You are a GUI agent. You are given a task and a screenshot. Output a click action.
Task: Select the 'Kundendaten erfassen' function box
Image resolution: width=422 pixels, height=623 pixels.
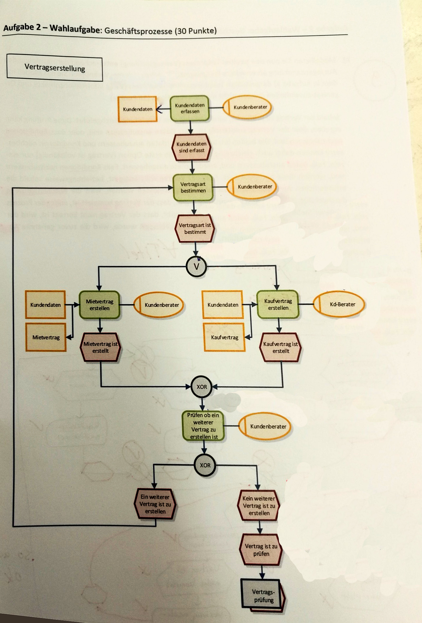pos(190,108)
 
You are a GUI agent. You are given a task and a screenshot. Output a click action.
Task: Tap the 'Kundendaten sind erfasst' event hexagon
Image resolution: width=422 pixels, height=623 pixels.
pos(192,147)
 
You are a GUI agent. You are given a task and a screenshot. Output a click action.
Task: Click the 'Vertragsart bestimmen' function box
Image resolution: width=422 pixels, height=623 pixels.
pos(193,187)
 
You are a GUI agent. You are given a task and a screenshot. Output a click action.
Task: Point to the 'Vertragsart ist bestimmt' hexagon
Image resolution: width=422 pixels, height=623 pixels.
pos(195,229)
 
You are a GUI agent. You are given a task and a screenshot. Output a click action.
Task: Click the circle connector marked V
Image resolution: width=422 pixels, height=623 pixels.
pos(196,266)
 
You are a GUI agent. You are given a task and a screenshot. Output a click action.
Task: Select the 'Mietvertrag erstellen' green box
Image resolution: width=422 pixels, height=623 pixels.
pos(100,305)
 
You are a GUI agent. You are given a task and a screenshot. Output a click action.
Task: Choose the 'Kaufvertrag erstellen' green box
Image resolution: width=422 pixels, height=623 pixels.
pos(278,305)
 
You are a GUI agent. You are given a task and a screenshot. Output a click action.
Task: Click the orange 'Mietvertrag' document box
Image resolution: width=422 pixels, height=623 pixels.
pos(46,337)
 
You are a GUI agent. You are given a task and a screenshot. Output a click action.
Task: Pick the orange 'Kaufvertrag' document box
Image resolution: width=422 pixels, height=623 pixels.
pos(224,337)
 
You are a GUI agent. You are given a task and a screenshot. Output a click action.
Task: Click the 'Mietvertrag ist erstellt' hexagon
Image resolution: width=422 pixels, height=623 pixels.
pos(101,347)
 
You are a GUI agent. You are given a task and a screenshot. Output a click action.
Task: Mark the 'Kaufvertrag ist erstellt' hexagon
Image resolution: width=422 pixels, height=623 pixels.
pos(281,348)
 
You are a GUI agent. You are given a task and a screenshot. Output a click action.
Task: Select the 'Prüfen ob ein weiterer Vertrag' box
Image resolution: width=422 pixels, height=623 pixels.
pos(204,426)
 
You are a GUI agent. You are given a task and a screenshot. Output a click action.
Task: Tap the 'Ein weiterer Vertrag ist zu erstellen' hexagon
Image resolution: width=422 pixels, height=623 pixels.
pos(155,504)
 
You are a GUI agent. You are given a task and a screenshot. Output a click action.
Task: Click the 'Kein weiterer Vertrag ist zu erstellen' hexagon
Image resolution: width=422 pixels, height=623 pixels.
pos(259,506)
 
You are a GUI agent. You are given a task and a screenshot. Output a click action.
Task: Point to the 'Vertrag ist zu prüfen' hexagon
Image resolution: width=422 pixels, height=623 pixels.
pos(261,550)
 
